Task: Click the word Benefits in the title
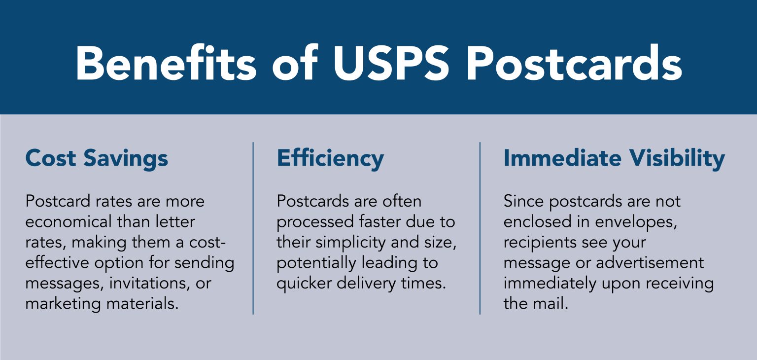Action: [x=166, y=63]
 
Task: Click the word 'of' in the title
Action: [x=295, y=63]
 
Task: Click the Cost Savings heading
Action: [x=97, y=158]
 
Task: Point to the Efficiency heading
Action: [x=330, y=158]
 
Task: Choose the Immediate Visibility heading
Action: [x=614, y=158]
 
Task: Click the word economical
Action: [x=69, y=222]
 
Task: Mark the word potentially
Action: [x=314, y=263]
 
